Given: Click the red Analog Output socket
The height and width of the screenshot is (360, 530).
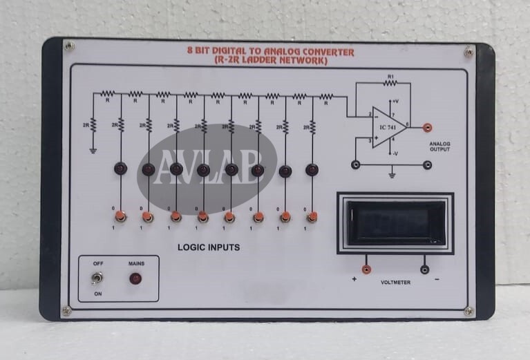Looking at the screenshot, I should click(x=428, y=127).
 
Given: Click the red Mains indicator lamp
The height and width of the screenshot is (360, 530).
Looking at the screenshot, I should click(x=135, y=278).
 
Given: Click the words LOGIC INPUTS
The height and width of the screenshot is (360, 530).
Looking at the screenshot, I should click(x=209, y=247).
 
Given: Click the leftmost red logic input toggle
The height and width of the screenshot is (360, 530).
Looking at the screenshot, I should click(x=120, y=217).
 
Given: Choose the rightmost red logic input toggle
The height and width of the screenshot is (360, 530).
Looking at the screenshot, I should click(x=312, y=217).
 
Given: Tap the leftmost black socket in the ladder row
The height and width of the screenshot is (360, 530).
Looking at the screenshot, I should click(x=120, y=168).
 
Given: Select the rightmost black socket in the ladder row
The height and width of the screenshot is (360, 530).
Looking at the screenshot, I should click(x=312, y=168).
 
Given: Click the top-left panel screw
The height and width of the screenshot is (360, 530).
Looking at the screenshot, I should click(x=69, y=46).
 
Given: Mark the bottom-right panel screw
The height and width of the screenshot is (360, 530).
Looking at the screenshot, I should click(x=470, y=312).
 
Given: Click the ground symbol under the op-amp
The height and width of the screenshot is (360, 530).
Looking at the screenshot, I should click(x=392, y=176).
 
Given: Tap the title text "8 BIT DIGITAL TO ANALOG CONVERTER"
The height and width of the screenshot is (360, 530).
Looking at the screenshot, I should click(x=271, y=52).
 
